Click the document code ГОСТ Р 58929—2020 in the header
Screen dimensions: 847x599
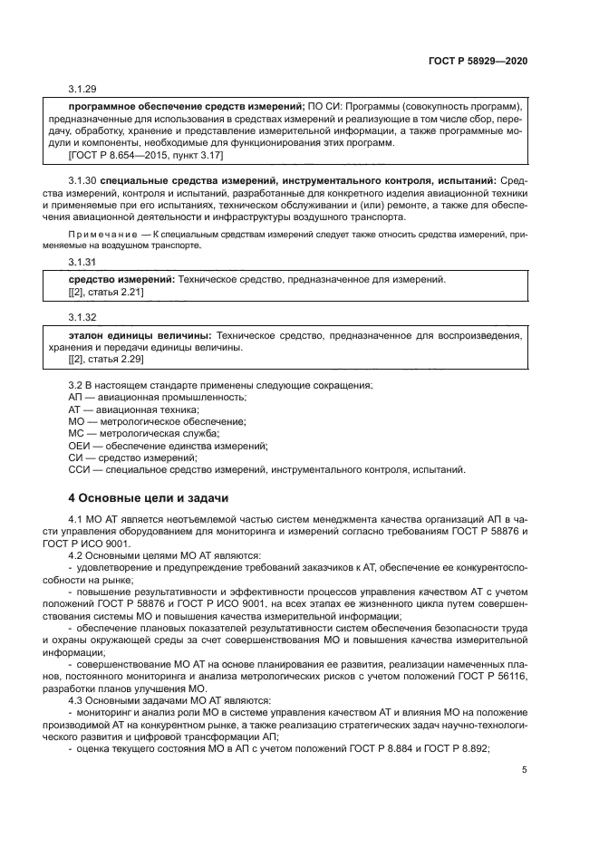coord(477,60)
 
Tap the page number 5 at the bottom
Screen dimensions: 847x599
coord(525,770)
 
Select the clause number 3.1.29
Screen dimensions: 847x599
coord(82,89)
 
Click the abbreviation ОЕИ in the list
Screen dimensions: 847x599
coord(81,446)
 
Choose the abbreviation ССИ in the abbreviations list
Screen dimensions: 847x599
coord(81,469)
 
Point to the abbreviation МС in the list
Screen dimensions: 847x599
coord(77,434)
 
